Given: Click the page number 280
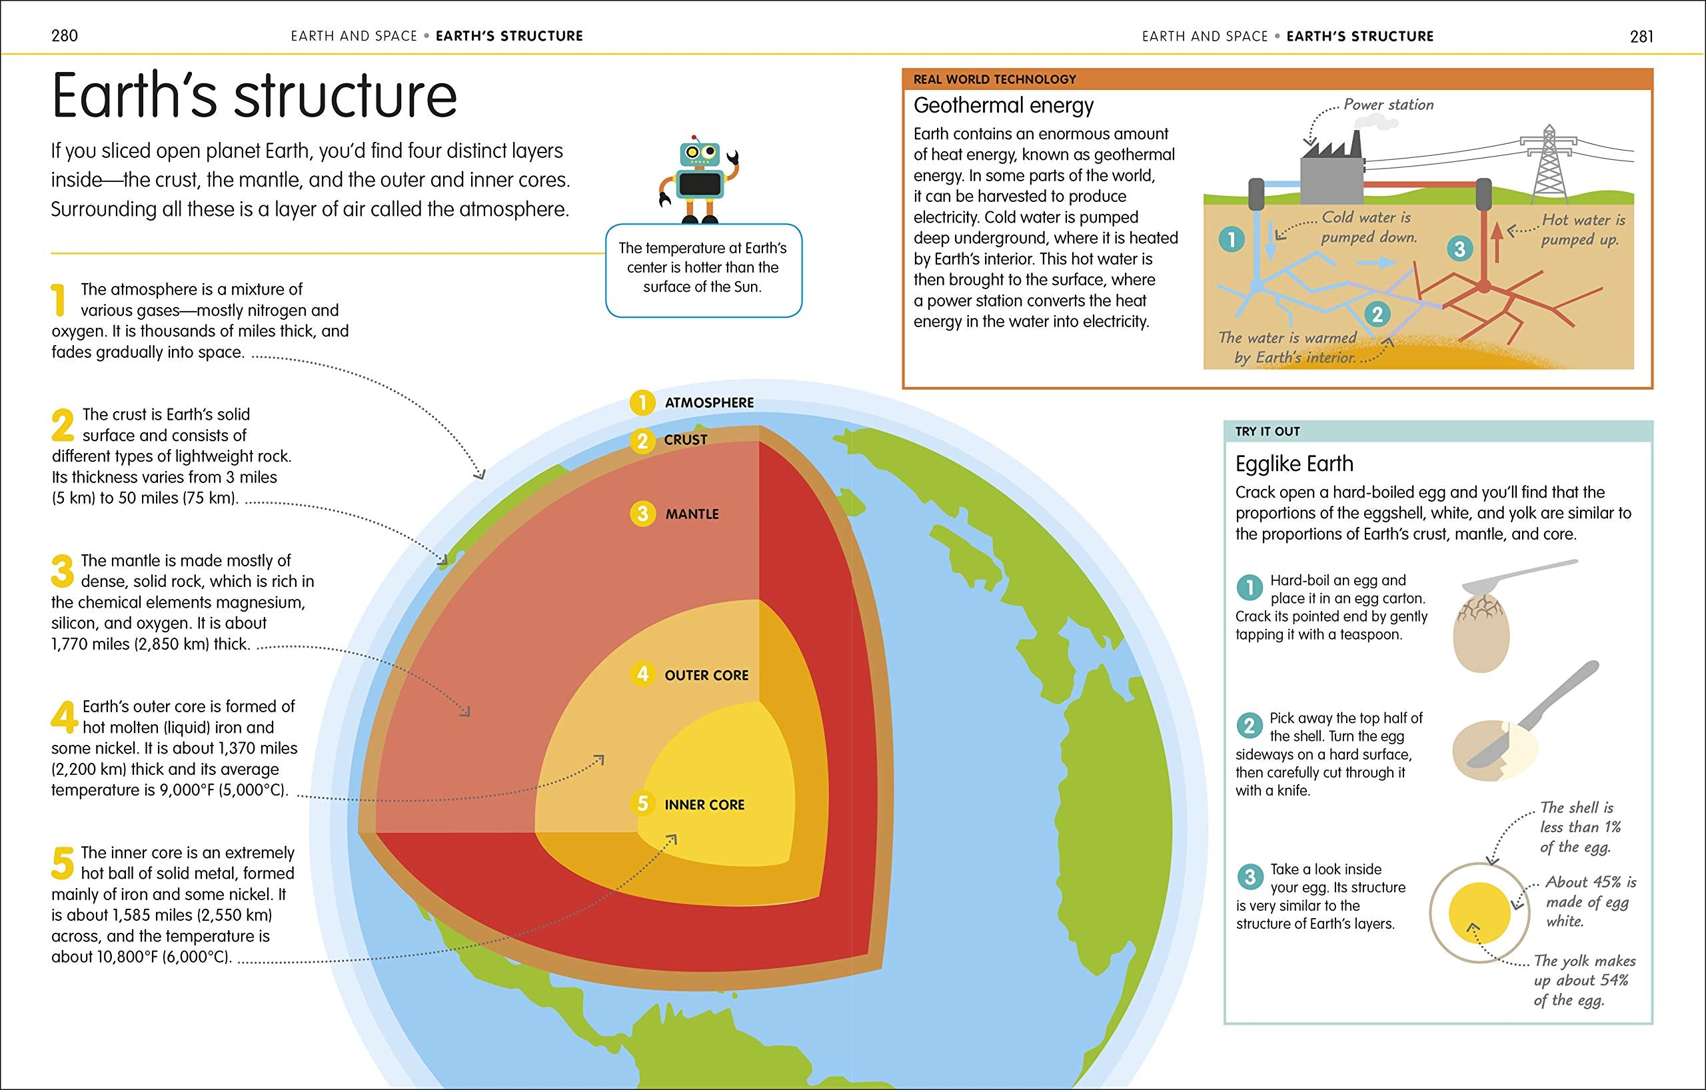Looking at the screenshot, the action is point(65,35).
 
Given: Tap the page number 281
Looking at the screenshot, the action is point(1641,36).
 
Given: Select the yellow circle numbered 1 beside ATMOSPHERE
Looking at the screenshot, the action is point(642,403).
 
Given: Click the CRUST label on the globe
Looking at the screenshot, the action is point(685,440).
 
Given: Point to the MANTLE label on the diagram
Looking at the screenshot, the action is point(692,514).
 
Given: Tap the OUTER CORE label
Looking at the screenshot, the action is point(706,676).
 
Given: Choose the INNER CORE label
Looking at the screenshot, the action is point(704,806).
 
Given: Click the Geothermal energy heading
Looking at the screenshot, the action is point(1003,105).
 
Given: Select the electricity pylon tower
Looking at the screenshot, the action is point(1549,164).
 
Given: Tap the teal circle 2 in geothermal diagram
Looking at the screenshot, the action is point(1377,314).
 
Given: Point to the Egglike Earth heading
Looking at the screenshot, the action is point(1294,464).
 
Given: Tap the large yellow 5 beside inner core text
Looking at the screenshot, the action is point(63,863).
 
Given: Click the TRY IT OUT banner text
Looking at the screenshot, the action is point(1268,431).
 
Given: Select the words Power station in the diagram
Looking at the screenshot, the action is point(1388,105).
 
